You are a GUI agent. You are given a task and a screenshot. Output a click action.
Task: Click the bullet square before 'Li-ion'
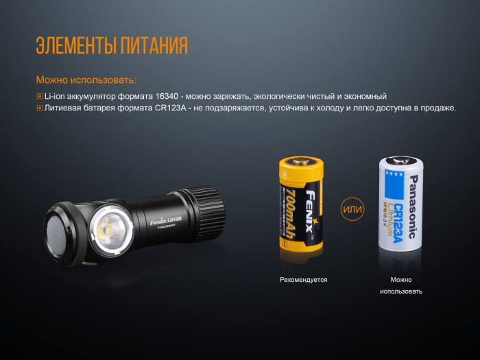[40, 97]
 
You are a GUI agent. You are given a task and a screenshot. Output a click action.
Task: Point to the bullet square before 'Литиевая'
[40, 108]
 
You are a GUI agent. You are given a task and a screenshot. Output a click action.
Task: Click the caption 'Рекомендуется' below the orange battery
[303, 280]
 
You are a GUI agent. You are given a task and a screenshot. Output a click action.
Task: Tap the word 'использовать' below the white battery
[401, 291]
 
